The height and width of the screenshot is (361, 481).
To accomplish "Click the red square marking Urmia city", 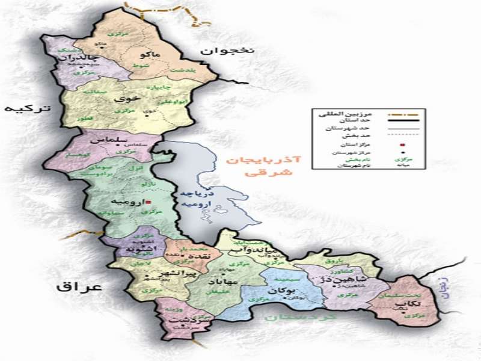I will (149, 203).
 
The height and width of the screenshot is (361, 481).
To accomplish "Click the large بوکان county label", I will (278, 291).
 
